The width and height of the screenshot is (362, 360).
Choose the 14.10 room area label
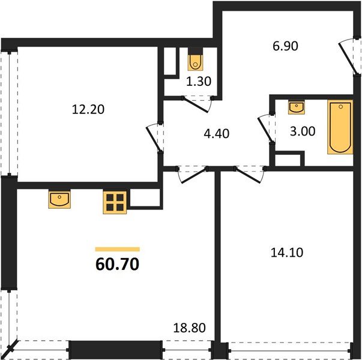point(286,253)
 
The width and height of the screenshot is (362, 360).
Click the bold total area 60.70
point(117,264)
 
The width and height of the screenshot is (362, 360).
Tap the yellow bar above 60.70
point(118,249)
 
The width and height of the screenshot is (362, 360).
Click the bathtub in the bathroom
point(337,127)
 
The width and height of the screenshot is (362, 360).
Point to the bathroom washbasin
point(297,107)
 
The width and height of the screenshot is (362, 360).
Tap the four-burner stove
point(115,202)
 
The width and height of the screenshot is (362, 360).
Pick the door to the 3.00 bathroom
point(265,128)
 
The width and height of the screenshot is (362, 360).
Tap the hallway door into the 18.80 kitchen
point(191,174)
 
